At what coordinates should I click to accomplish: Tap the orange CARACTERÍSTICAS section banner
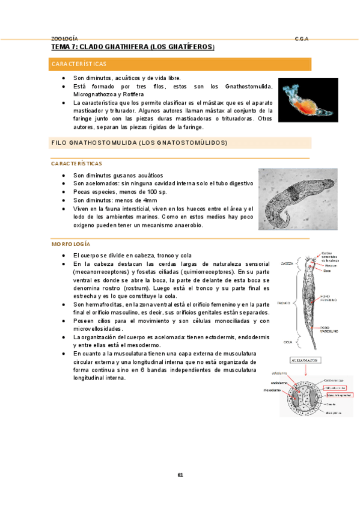[180, 64]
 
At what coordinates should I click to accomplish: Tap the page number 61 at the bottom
[180, 475]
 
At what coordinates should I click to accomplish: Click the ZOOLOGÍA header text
[64, 37]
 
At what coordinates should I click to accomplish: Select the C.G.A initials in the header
[302, 37]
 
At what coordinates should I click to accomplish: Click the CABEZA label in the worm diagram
[287, 263]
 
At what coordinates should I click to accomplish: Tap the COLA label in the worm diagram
[288, 341]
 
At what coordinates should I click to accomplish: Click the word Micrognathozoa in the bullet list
[96, 94]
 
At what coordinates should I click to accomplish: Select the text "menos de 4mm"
[138, 200]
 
